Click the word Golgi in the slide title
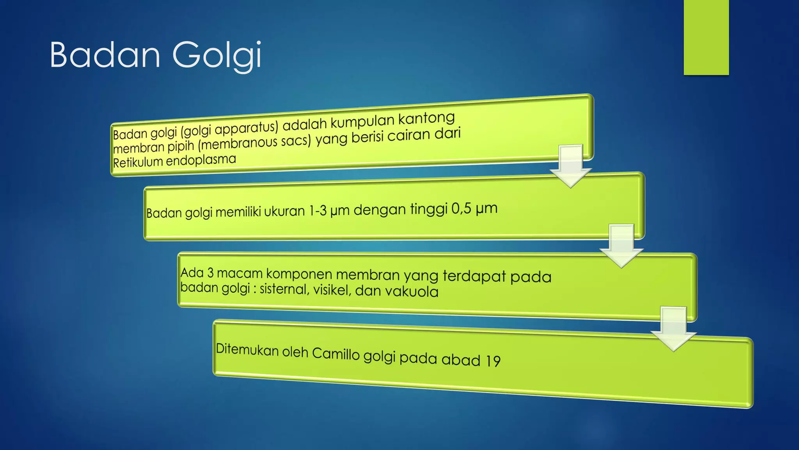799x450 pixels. coord(217,55)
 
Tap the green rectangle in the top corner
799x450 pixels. coord(706,37)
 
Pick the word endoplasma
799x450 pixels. coord(201,160)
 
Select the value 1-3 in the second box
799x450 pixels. coord(318,211)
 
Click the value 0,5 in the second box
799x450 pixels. coord(461,209)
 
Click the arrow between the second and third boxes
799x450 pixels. coord(621,245)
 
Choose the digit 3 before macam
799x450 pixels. coord(210,273)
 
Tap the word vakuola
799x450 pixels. coord(417,291)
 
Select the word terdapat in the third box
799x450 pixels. coord(474,276)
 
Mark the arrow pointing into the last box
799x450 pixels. coord(673,328)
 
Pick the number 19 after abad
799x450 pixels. coord(493,361)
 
